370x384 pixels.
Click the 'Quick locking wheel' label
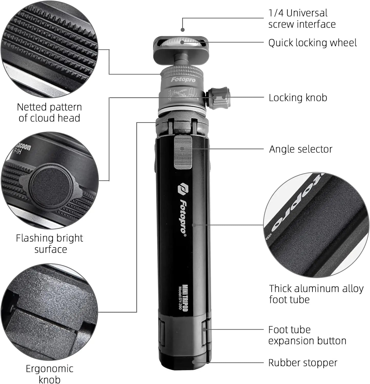click(x=312, y=43)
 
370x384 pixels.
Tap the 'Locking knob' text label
click(x=298, y=98)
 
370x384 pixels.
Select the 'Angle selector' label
click(x=301, y=149)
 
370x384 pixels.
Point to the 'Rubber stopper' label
click(x=303, y=363)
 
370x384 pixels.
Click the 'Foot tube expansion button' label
click(x=307, y=335)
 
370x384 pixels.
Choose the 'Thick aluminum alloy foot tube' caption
click(x=316, y=294)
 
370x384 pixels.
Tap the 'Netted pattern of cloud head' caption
click(x=49, y=113)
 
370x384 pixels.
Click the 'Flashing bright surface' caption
click(x=49, y=243)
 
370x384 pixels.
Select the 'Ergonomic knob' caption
click(x=49, y=374)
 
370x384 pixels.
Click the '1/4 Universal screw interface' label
click(x=302, y=19)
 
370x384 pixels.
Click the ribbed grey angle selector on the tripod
click(x=183, y=152)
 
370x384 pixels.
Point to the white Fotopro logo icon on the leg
click(x=183, y=188)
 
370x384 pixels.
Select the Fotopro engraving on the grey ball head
click(x=183, y=80)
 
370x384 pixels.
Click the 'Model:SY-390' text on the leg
click(x=180, y=298)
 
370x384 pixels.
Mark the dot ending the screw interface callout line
click(x=183, y=30)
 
